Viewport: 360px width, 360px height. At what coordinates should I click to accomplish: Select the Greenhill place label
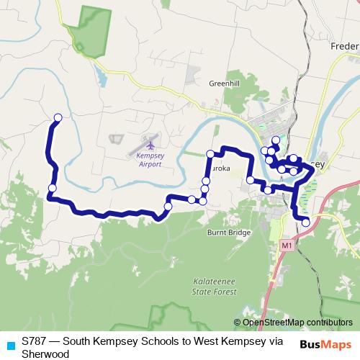pyautogui.click(x=224, y=84)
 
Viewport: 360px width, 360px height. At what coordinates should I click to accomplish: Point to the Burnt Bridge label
pyautogui.click(x=229, y=233)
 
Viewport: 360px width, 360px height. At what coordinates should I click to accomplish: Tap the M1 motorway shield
pyautogui.click(x=287, y=246)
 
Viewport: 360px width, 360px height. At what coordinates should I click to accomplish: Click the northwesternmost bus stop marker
pyautogui.click(x=58, y=117)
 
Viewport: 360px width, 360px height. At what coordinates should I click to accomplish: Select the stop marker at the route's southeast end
pyautogui.click(x=306, y=222)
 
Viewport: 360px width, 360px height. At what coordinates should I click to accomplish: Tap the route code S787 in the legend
pyautogui.click(x=34, y=341)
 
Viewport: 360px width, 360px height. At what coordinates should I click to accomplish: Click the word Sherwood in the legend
pyautogui.click(x=45, y=354)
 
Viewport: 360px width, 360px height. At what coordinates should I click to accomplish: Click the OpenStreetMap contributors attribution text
pyautogui.click(x=297, y=323)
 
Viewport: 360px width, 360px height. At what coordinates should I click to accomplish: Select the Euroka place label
pyautogui.click(x=220, y=168)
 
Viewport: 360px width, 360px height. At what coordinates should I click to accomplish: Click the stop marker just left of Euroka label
pyautogui.click(x=206, y=180)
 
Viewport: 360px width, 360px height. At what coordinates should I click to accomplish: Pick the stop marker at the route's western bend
pyautogui.click(x=52, y=189)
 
